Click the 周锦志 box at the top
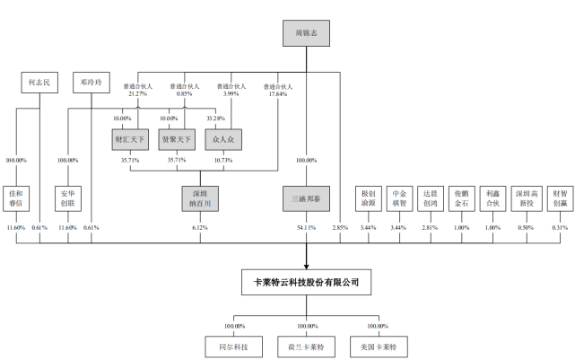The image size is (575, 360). click(x=307, y=35)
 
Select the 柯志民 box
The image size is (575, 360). click(x=39, y=83)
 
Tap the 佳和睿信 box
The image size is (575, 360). click(x=17, y=198)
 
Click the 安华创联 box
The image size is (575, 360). click(x=71, y=198)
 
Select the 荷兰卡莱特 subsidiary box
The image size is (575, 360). click(x=306, y=346)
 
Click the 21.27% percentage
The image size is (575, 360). click(x=136, y=92)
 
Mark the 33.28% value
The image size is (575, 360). click(x=215, y=118)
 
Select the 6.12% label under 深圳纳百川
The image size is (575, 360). click(x=200, y=228)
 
